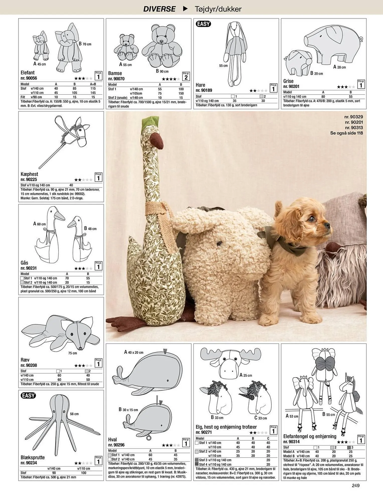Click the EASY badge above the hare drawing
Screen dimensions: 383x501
click(203, 24)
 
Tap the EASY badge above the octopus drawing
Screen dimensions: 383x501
click(28, 396)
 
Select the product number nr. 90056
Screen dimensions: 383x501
click(29, 78)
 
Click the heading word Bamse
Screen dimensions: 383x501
click(115, 73)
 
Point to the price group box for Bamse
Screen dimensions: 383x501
click(186, 77)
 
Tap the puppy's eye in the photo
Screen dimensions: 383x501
click(312, 219)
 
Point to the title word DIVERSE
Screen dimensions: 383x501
click(159, 9)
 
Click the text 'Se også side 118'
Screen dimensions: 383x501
click(346, 133)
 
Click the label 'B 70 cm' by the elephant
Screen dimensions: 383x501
click(85, 44)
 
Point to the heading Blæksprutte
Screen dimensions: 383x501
click(33, 457)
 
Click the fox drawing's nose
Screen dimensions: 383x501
click(80, 348)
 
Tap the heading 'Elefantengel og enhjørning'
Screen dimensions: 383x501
click(310, 436)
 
